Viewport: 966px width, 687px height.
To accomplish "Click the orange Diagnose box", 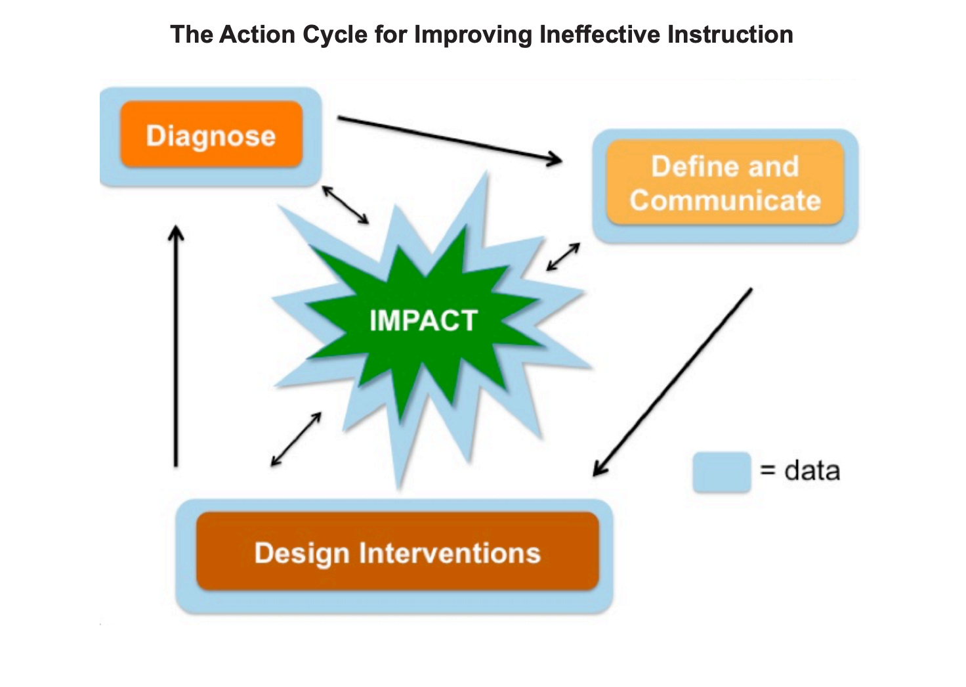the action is pyautogui.click(x=211, y=134).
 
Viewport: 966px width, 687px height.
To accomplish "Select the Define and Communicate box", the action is pyautogui.click(x=725, y=182).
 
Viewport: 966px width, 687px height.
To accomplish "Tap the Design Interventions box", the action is pyautogui.click(x=397, y=551).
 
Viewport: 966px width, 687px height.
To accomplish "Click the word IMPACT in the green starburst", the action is pyautogui.click(x=423, y=321).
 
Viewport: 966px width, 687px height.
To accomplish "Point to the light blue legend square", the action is pyautogui.click(x=721, y=472).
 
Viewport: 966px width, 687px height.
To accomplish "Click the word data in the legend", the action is pyautogui.click(x=812, y=470).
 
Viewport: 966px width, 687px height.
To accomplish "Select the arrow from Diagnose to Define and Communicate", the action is pyautogui.click(x=450, y=140).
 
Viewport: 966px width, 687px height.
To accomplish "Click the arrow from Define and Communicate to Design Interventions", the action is pyautogui.click(x=672, y=382).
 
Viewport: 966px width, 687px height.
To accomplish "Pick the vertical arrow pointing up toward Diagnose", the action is pyautogui.click(x=176, y=346).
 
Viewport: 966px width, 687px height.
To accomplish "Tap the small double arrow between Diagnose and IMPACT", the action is pyautogui.click(x=345, y=205).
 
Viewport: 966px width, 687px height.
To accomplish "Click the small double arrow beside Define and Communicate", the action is pyautogui.click(x=563, y=257).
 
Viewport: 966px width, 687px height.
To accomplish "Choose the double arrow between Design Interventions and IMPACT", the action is pyautogui.click(x=296, y=439).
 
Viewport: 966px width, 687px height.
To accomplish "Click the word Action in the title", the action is pyautogui.click(x=257, y=35).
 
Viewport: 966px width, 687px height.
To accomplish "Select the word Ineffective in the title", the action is pyautogui.click(x=600, y=35).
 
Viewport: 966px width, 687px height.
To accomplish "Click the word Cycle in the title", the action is pyautogui.click(x=335, y=35).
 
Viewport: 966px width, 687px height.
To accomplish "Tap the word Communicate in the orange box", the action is pyautogui.click(x=725, y=201).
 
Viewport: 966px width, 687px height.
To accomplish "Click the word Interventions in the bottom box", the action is pyautogui.click(x=450, y=552).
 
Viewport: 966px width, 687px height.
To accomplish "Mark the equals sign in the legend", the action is pyautogui.click(x=768, y=470).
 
